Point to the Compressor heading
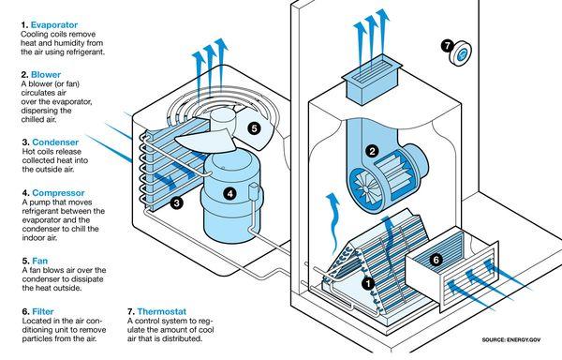click(59, 193)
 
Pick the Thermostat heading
click(167, 310)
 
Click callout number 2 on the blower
click(371, 151)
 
